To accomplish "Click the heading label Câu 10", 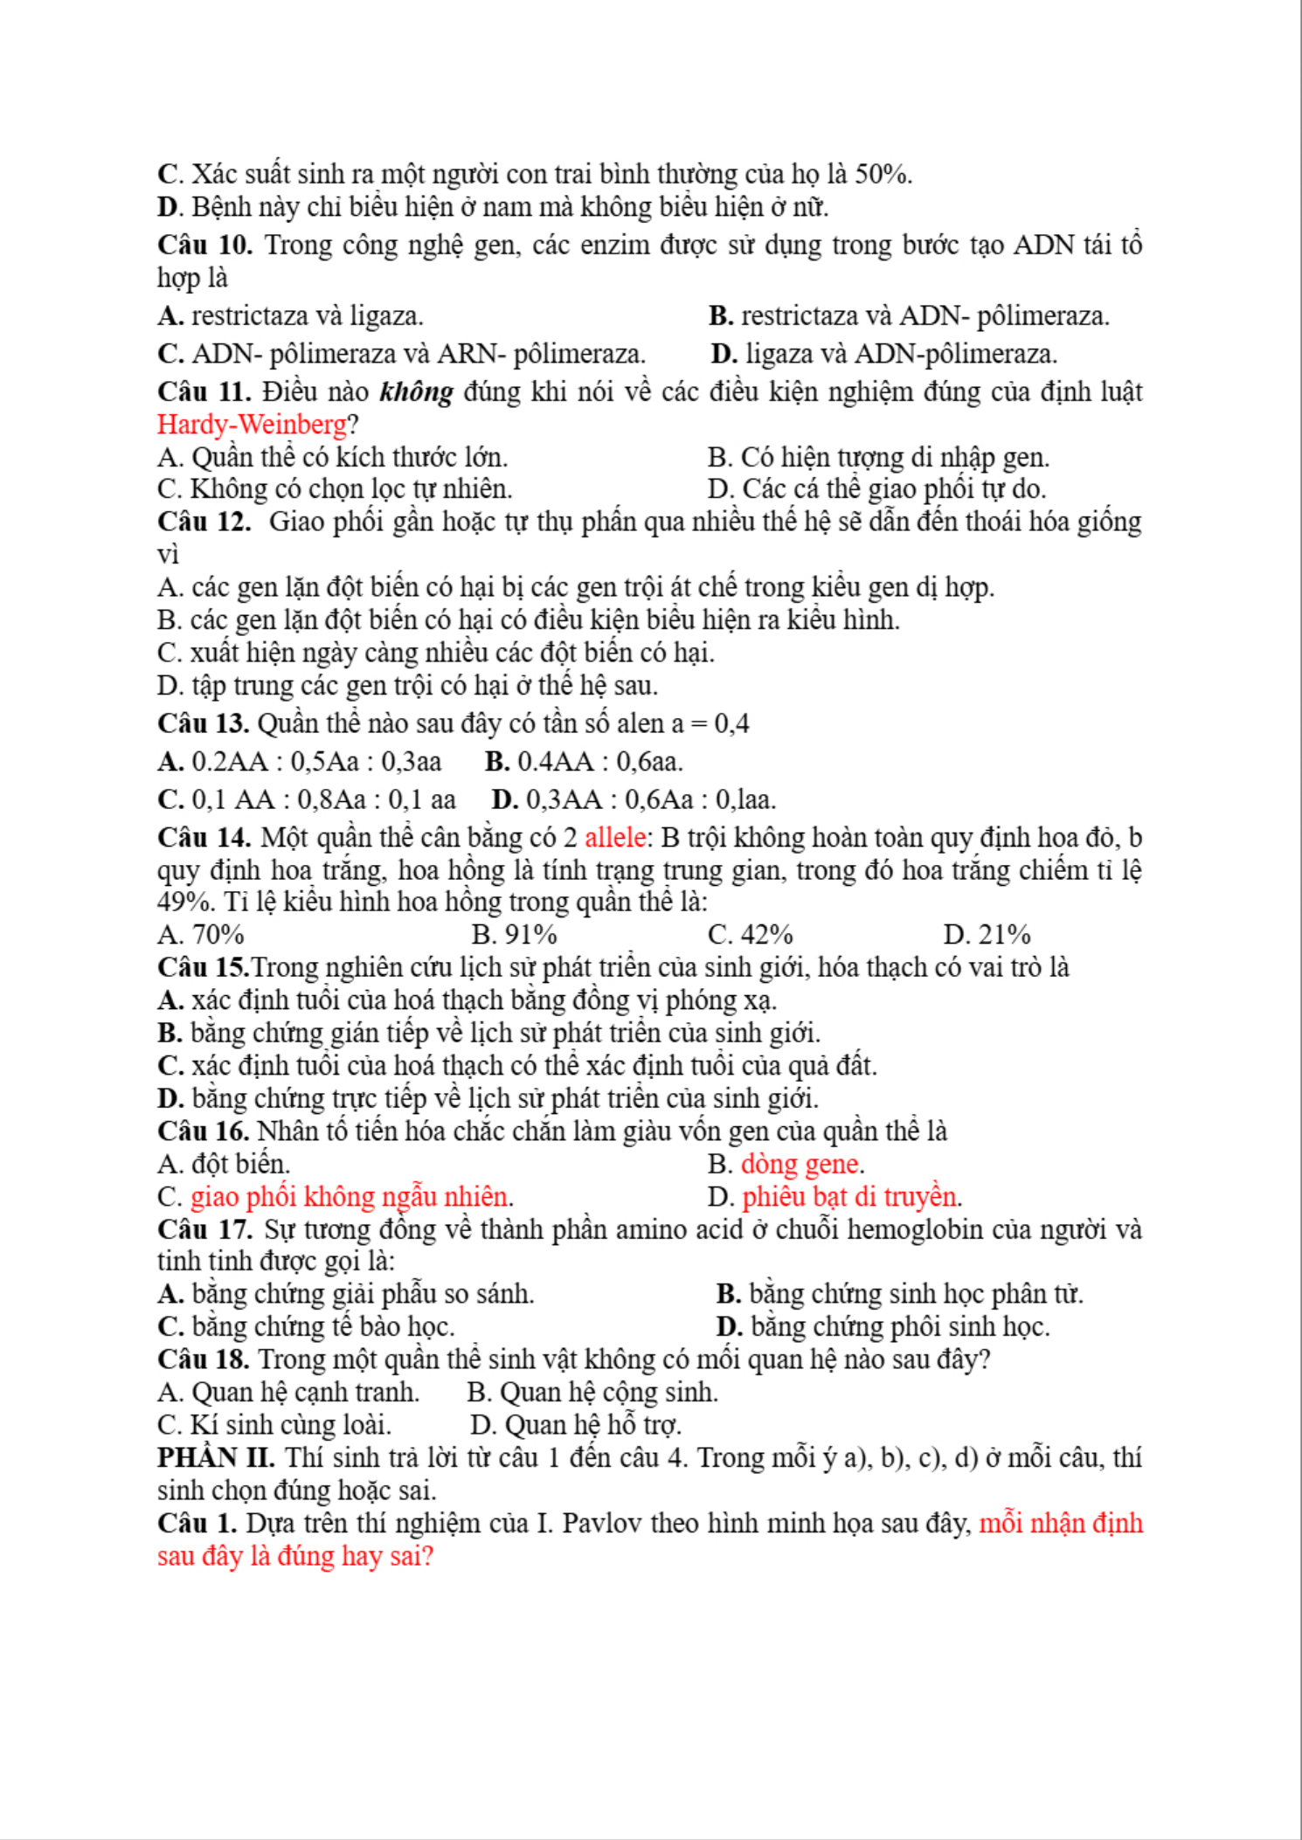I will [204, 246].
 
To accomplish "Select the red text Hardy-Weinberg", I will [252, 425].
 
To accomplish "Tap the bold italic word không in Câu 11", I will [416, 391].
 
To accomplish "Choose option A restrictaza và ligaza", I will [291, 315].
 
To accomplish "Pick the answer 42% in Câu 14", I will [751, 935].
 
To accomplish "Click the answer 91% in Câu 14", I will [514, 935].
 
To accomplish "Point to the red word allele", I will [615, 838].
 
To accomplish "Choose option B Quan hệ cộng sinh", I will [592, 1393].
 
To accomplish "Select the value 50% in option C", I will [883, 175].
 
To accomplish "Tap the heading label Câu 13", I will [204, 724].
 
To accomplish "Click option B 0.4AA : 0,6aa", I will [584, 762].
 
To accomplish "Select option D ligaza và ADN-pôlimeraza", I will [884, 354].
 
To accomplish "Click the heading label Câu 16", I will [204, 1131].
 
